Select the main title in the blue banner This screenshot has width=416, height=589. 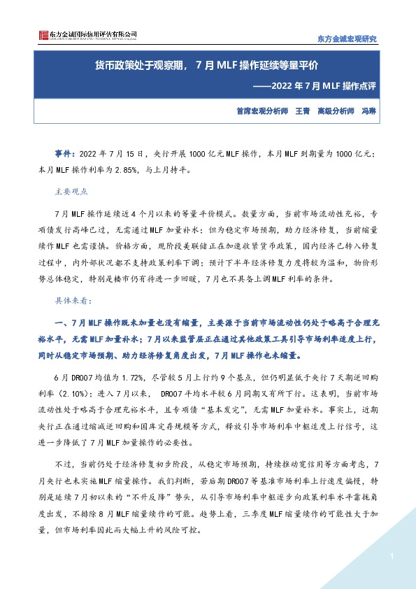tap(207, 66)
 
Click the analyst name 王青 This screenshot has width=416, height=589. tap(303, 111)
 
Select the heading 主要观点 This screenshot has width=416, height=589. tap(71, 190)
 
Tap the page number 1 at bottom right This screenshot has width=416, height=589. tap(393, 557)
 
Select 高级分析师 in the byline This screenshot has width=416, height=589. tap(336, 111)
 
